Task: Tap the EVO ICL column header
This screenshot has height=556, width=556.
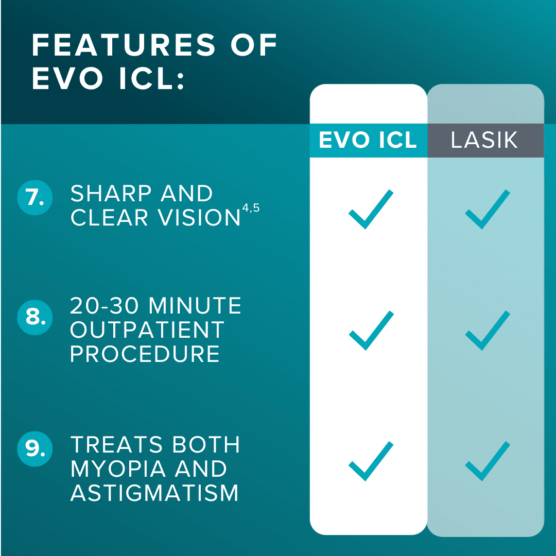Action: click(368, 140)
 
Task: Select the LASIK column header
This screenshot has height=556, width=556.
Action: click(484, 140)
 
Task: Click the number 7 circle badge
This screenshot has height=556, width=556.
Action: click(35, 198)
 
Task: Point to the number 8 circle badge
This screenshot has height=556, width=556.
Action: click(35, 317)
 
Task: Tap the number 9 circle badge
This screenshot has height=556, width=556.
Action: click(35, 448)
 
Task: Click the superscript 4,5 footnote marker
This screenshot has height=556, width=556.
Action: click(251, 208)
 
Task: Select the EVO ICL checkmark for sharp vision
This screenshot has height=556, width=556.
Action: click(371, 209)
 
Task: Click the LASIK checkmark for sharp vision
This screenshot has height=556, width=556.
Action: click(488, 209)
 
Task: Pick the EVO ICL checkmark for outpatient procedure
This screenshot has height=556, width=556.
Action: click(371, 331)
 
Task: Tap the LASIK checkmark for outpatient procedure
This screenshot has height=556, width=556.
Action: click(488, 331)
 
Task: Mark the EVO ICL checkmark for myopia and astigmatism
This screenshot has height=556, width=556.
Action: click(371, 461)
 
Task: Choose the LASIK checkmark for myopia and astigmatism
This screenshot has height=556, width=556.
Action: click(488, 461)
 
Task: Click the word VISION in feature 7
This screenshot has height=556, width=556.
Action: click(199, 217)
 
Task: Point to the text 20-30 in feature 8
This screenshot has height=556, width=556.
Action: click(104, 306)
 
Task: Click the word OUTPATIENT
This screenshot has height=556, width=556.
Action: click(147, 330)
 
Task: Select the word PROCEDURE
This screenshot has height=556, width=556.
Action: click(145, 354)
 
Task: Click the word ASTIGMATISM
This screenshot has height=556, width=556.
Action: click(154, 493)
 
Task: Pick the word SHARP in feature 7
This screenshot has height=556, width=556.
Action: click(111, 193)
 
